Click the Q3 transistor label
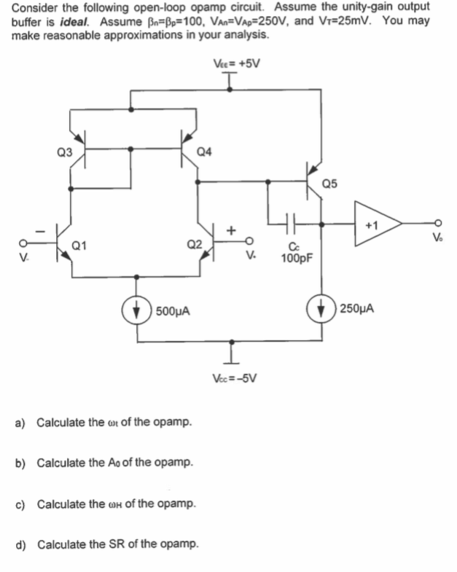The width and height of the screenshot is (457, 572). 64,152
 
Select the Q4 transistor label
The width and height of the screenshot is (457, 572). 205,152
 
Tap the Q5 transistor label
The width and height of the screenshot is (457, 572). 329,183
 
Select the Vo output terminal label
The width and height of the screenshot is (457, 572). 437,238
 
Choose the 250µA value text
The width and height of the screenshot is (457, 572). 357,309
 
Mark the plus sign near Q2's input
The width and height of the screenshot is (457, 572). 234,230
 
